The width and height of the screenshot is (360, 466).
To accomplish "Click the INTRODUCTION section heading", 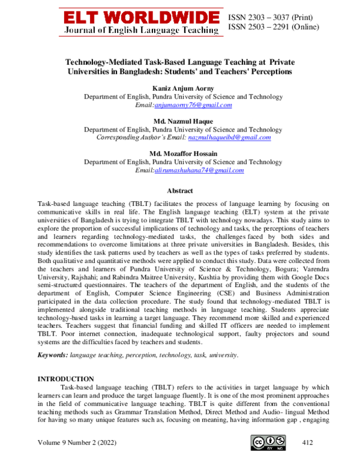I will [x=65, y=380].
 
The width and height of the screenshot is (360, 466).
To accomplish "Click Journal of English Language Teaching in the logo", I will [x=140, y=29].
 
